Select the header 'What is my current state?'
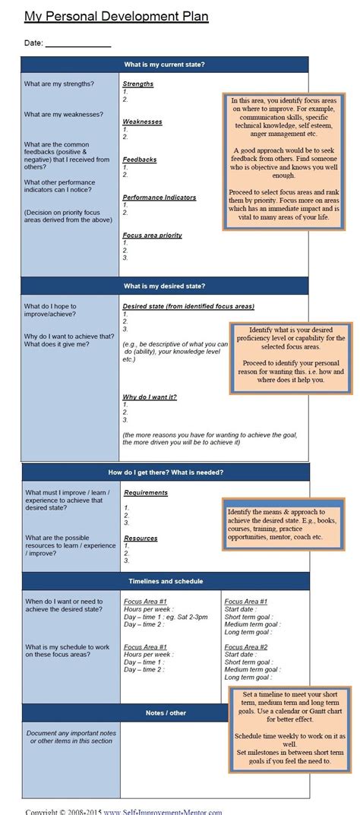pos(164,64)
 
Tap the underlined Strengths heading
pos(137,84)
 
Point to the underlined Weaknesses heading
pos(143,122)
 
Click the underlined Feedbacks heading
pos(140,160)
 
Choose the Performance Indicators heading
pos(159,197)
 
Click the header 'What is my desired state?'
pos(164,286)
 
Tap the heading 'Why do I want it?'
pos(150,396)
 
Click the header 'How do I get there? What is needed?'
pos(166,472)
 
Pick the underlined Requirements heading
pos(145,492)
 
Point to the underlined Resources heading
pos(141,538)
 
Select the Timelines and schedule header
pos(165,581)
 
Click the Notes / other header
pos(166,713)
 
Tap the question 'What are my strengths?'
pos(59,83)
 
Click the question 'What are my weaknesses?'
pos(64,114)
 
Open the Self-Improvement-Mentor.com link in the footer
pos(163,810)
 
